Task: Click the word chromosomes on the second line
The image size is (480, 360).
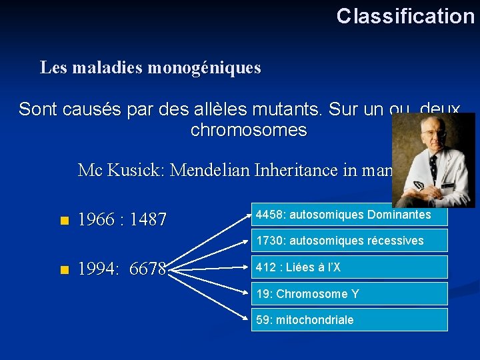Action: pyautogui.click(x=249, y=130)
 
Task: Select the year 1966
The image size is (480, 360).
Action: pyautogui.click(x=97, y=219)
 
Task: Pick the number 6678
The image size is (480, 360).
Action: pyautogui.click(x=148, y=270)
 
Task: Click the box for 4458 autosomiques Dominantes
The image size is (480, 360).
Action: pyautogui.click(x=349, y=215)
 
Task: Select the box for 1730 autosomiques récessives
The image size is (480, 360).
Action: pyautogui.click(x=349, y=240)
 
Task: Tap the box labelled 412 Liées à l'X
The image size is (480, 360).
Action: pyautogui.click(x=349, y=267)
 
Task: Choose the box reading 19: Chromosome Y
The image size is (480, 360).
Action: pyautogui.click(x=349, y=294)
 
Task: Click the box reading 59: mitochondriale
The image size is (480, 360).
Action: pyautogui.click(x=349, y=320)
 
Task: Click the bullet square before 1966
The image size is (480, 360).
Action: pyautogui.click(x=63, y=220)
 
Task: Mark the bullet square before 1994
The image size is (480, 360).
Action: pyautogui.click(x=63, y=270)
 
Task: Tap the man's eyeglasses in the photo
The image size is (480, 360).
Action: pyautogui.click(x=434, y=133)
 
